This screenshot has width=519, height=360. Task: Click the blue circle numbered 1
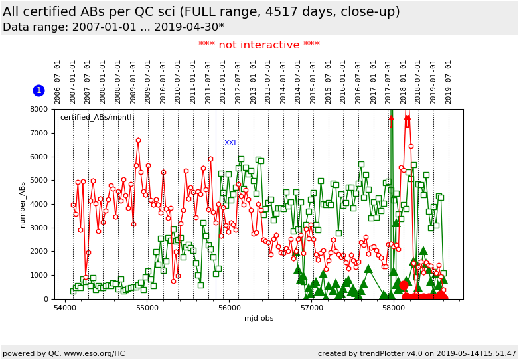(38, 90)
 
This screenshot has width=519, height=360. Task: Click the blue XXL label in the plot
(231, 143)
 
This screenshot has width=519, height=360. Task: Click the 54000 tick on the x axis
(65, 308)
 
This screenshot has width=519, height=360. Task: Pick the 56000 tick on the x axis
(229, 308)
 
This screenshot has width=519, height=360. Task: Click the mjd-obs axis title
(259, 319)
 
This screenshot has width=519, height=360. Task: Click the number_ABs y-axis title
(23, 203)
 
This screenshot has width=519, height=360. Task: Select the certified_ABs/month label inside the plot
(97, 118)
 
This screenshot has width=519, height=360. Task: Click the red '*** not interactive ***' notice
(259, 45)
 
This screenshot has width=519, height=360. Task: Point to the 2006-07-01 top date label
(58, 82)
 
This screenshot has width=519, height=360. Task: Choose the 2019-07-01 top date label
(449, 82)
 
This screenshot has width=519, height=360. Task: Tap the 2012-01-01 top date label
(224, 82)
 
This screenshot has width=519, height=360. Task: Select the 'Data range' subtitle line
(113, 27)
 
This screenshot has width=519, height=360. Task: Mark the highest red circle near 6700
(138, 141)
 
